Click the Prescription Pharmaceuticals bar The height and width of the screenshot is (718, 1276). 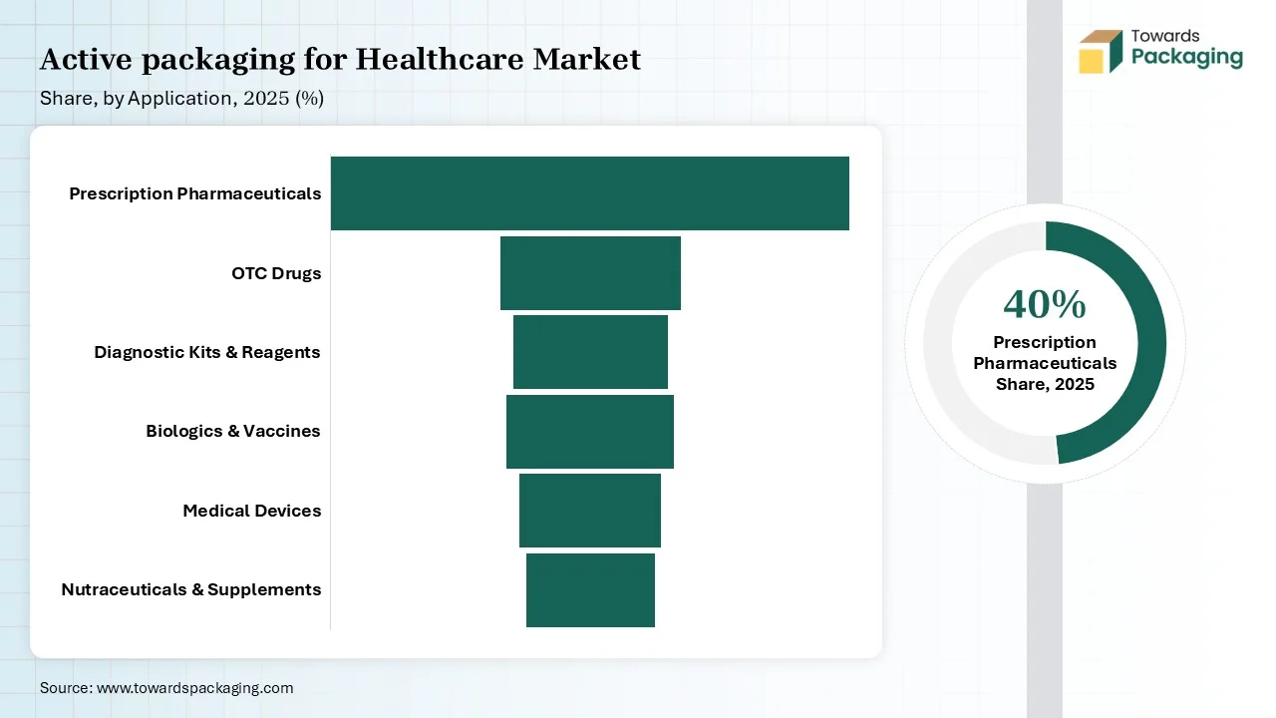click(x=589, y=193)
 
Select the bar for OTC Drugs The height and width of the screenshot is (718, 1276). click(x=590, y=273)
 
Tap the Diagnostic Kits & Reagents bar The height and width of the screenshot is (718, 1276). click(x=590, y=352)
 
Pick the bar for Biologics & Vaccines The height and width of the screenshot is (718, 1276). click(x=589, y=432)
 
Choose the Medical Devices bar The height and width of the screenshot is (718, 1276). click(x=589, y=511)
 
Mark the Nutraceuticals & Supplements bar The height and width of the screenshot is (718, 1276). click(x=590, y=590)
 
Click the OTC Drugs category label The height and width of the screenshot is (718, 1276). click(x=276, y=273)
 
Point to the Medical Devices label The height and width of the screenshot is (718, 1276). click(x=252, y=511)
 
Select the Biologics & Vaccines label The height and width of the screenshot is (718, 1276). click(x=233, y=432)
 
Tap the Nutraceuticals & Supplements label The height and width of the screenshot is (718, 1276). click(x=191, y=589)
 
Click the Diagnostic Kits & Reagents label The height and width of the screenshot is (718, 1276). click(x=207, y=352)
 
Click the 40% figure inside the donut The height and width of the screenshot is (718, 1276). click(x=1045, y=305)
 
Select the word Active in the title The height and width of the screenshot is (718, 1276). click(x=86, y=59)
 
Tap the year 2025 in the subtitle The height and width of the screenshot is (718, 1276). click(x=266, y=99)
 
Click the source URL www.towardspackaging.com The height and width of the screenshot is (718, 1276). click(x=194, y=688)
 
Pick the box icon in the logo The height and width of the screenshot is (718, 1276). click(x=1101, y=52)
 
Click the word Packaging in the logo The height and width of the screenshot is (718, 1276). click(x=1186, y=58)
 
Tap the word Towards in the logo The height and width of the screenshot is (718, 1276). click(x=1165, y=36)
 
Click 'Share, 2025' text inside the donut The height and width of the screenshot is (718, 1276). click(x=1045, y=384)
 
